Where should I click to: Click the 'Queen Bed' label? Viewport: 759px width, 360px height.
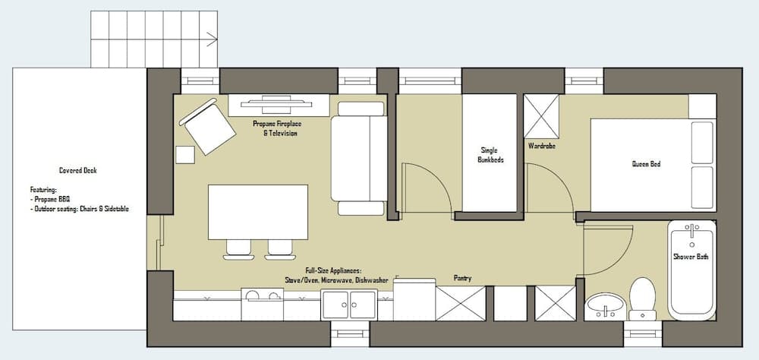[x=646, y=164]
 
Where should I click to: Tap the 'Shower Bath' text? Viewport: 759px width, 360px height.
[x=691, y=257]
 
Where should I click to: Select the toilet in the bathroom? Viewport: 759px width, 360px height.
[x=643, y=297]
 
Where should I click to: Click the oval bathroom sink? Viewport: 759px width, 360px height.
[x=605, y=306]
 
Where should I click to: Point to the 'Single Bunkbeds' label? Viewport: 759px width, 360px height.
[x=490, y=155]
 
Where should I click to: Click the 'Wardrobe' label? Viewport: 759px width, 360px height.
[x=540, y=145]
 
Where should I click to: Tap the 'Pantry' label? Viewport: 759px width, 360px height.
[x=462, y=278]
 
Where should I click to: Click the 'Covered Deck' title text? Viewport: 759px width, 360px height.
[x=78, y=171]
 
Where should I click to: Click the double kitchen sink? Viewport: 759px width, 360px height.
[x=349, y=305]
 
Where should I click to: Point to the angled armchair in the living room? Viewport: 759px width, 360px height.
[x=206, y=127]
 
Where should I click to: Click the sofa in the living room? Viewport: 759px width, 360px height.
[x=361, y=159]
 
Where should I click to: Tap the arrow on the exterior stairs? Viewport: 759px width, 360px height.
[x=212, y=39]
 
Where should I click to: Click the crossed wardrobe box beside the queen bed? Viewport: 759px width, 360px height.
[x=541, y=116]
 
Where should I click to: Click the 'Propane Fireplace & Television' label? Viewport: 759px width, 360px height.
[x=275, y=128]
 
